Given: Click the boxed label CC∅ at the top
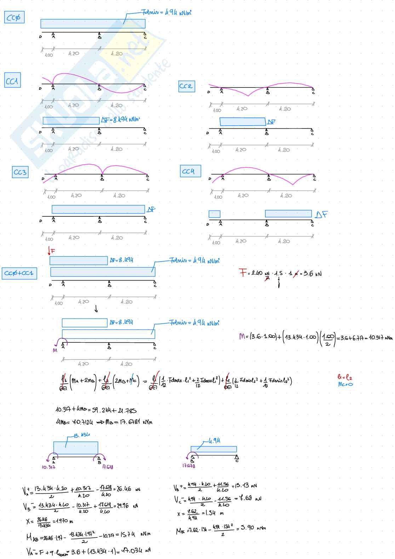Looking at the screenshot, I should point(14,17).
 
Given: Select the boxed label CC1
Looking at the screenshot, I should point(12,81).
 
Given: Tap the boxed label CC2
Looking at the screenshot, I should point(186,86).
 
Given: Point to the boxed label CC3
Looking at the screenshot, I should point(20,172).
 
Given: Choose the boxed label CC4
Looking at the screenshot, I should point(190,171).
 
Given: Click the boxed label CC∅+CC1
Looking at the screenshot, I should point(19,273).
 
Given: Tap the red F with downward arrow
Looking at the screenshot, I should point(51,251).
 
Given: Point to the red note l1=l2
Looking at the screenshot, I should point(345,377).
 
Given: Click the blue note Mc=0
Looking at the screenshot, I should point(345,384).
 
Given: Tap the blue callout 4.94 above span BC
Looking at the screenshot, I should point(214,440).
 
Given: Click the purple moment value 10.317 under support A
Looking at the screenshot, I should point(48,467).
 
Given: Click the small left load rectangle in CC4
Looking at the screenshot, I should point(214,214).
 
